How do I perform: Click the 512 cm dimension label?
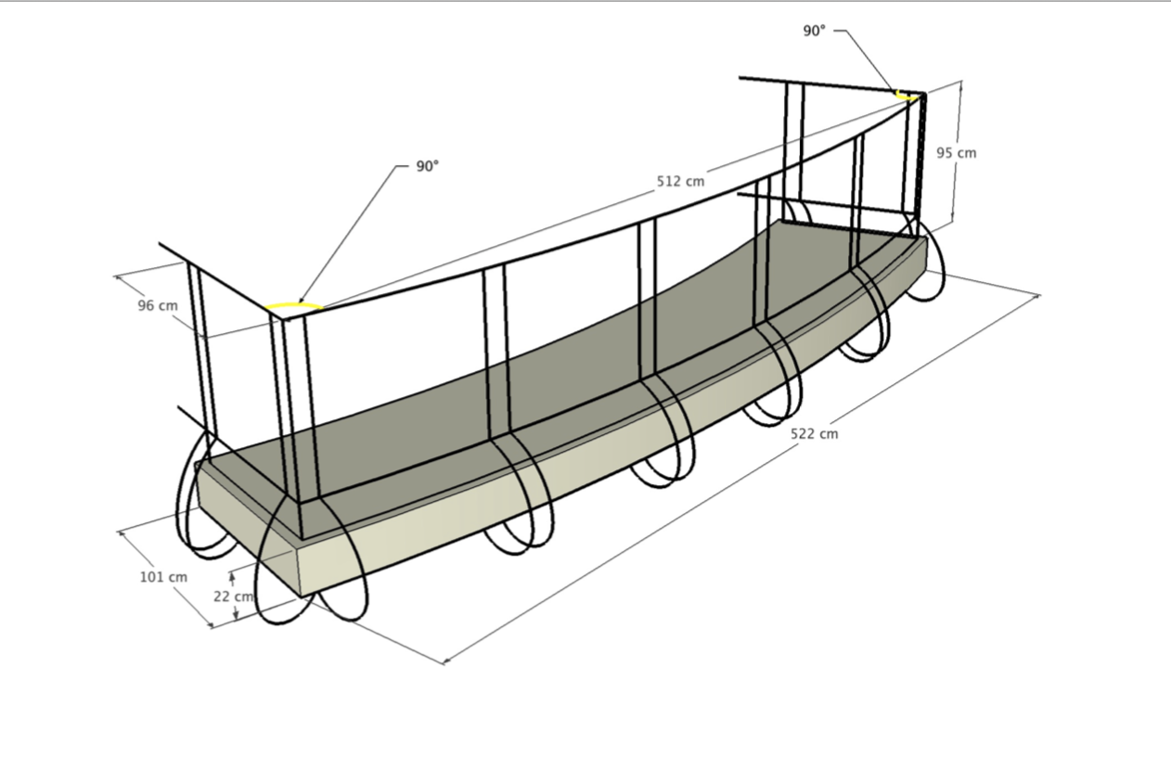click(680, 182)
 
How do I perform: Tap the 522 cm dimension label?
click(814, 433)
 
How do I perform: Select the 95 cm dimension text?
click(956, 153)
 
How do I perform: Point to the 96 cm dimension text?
click(158, 305)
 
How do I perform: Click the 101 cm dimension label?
click(163, 577)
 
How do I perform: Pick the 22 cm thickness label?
click(233, 597)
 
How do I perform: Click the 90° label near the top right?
click(814, 31)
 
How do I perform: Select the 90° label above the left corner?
click(427, 167)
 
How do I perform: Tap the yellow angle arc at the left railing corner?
click(292, 305)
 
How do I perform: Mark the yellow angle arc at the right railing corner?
click(905, 95)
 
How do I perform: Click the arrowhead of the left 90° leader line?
click(300, 302)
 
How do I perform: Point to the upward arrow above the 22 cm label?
click(232, 579)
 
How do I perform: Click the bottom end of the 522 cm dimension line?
click(444, 662)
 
